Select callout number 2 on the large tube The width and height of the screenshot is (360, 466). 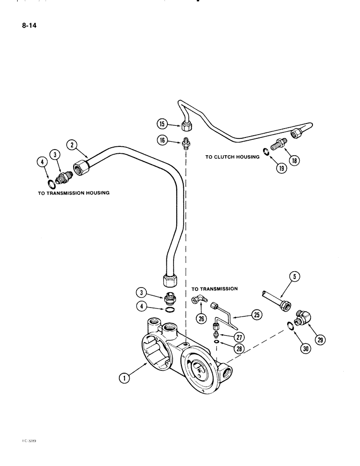pyautogui.click(x=71, y=145)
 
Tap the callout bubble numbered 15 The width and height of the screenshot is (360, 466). pyautogui.click(x=161, y=123)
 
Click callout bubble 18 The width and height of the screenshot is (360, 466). pyautogui.click(x=294, y=160)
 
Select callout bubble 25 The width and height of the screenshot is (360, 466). pyautogui.click(x=256, y=315)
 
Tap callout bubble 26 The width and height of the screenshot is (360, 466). pyautogui.click(x=202, y=319)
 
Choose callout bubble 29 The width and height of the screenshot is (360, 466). pyautogui.click(x=320, y=340)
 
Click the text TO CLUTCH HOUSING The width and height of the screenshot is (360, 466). pyautogui.click(x=232, y=157)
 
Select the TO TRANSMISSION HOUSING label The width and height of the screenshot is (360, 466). pyautogui.click(x=74, y=192)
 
